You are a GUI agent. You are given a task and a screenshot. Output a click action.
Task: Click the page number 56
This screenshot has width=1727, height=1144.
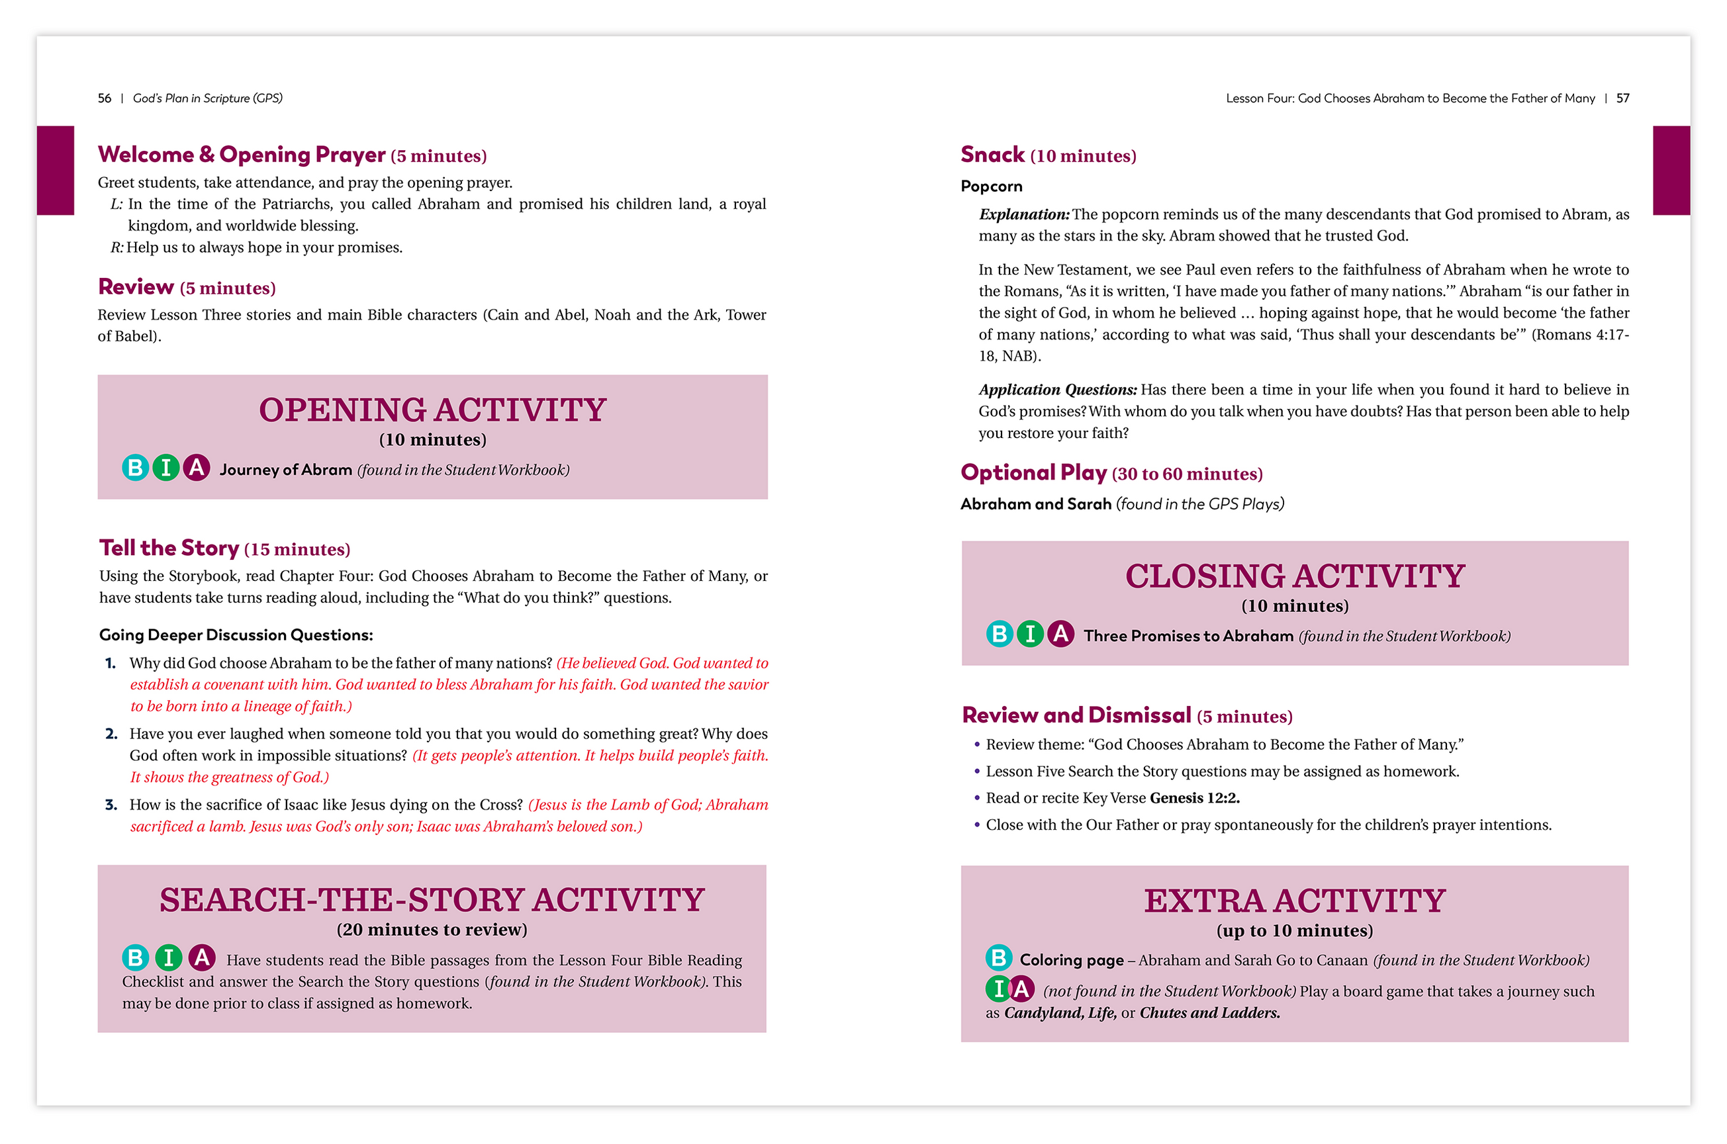pyautogui.click(x=105, y=99)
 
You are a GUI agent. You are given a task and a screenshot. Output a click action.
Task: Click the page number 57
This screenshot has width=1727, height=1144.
pyautogui.click(x=1622, y=99)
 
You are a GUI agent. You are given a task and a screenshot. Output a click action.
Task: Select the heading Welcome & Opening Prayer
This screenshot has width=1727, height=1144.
pyautogui.click(x=241, y=155)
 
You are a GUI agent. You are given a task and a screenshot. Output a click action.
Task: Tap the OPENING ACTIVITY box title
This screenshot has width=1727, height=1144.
pyautogui.click(x=432, y=410)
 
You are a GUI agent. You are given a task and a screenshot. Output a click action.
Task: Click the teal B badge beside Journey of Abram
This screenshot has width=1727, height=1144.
pyautogui.click(x=135, y=468)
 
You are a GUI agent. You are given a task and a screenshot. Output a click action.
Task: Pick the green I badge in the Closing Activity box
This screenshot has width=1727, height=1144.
pyautogui.click(x=1029, y=634)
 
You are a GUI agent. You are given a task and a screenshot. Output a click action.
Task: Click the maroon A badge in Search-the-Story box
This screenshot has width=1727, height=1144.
pyautogui.click(x=201, y=957)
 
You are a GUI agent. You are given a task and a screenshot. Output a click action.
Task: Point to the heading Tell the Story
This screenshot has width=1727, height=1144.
pyautogui.click(x=169, y=548)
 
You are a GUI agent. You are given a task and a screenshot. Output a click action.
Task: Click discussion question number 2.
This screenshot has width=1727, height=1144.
pyautogui.click(x=112, y=734)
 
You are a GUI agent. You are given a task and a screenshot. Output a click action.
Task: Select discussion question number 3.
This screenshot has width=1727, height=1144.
pyautogui.click(x=112, y=805)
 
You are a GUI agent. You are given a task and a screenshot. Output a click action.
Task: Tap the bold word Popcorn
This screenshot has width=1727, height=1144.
pyautogui.click(x=990, y=187)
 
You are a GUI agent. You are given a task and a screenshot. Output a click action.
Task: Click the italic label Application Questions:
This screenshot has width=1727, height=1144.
pyautogui.click(x=1057, y=390)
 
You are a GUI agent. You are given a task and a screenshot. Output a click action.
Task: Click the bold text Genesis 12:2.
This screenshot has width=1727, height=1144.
pyautogui.click(x=1194, y=798)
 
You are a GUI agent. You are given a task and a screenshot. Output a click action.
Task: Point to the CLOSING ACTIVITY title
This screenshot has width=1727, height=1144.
pyautogui.click(x=1294, y=576)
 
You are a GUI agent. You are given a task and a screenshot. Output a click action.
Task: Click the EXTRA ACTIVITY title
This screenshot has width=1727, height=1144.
pyautogui.click(x=1294, y=901)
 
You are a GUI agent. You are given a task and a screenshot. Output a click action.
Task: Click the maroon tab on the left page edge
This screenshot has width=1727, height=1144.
pyautogui.click(x=56, y=170)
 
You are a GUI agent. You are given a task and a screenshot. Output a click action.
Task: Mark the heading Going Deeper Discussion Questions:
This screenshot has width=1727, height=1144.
pyautogui.click(x=236, y=635)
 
